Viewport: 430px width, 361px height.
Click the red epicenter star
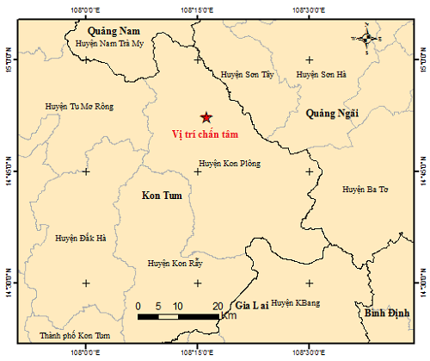205,117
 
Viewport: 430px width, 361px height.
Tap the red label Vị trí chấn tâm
205,134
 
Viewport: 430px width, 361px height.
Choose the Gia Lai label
253,305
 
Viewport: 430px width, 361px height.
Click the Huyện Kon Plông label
230,163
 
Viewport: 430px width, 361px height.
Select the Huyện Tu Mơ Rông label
79,107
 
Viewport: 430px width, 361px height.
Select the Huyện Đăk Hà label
80,237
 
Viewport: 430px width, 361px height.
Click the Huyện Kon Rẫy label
175,264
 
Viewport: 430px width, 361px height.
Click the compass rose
366,38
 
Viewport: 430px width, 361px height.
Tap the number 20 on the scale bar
217,306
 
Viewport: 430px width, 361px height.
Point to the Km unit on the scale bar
228,317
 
